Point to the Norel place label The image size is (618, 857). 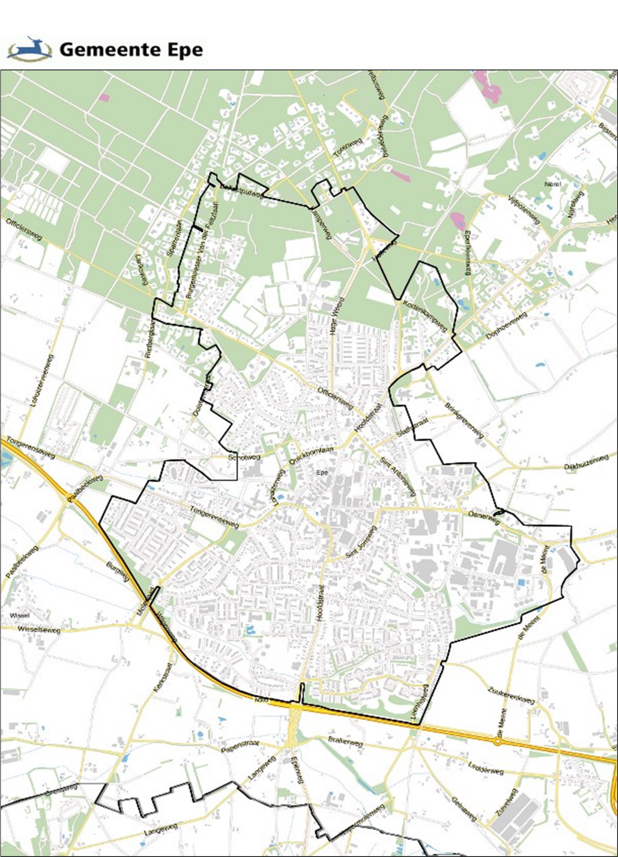point(553,184)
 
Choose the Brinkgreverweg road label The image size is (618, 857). point(464,420)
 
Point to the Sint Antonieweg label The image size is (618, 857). point(398,476)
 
